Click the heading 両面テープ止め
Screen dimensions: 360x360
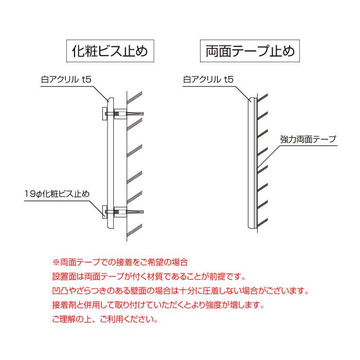[249, 52]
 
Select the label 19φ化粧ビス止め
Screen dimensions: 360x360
[57, 194]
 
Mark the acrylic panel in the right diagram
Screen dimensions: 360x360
[251, 162]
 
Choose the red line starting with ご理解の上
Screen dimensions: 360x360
[105, 319]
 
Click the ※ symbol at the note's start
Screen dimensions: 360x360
[56, 261]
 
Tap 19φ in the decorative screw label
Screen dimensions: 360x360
[33, 194]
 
